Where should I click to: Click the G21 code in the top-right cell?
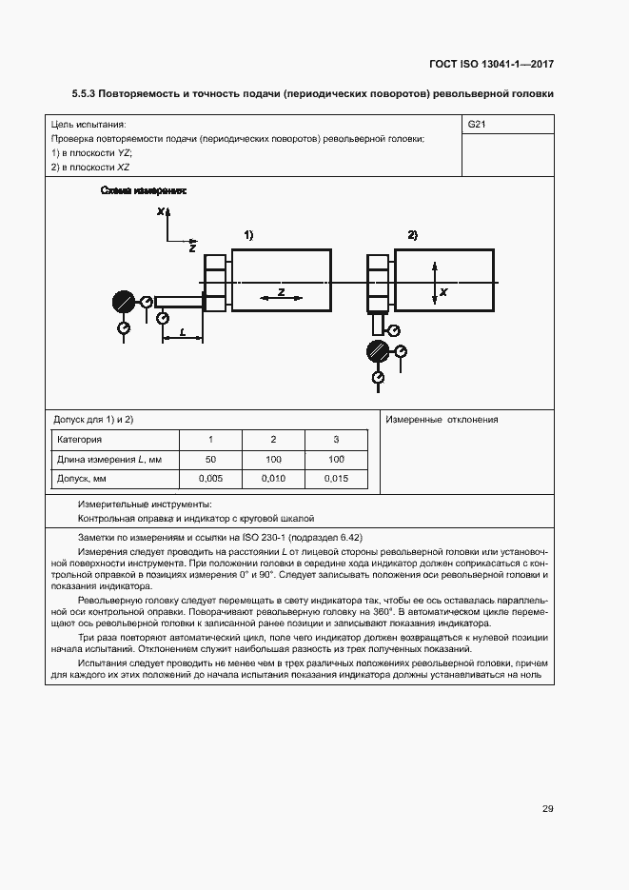pyautogui.click(x=477, y=125)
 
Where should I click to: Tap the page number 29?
pyautogui.click(x=547, y=809)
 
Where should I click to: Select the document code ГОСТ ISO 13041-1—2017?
pyautogui.click(x=491, y=65)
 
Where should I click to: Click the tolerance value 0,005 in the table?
pyautogui.click(x=210, y=479)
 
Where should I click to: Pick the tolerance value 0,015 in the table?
pyautogui.click(x=335, y=479)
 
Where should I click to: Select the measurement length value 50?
pyautogui.click(x=210, y=460)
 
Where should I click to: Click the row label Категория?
pyautogui.click(x=80, y=440)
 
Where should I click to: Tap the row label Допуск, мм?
pyautogui.click(x=81, y=479)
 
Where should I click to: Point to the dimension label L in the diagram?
pyautogui.click(x=182, y=332)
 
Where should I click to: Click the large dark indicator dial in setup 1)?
pyautogui.click(x=123, y=303)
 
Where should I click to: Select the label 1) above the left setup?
pyautogui.click(x=247, y=234)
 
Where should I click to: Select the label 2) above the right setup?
pyautogui.click(x=412, y=234)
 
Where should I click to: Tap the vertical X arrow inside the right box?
pyautogui.click(x=435, y=283)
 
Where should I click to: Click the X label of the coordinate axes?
pyautogui.click(x=162, y=210)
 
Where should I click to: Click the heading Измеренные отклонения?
pyautogui.click(x=442, y=420)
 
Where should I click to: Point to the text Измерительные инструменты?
pyautogui.click(x=145, y=504)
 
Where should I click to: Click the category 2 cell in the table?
pyautogui.click(x=273, y=440)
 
